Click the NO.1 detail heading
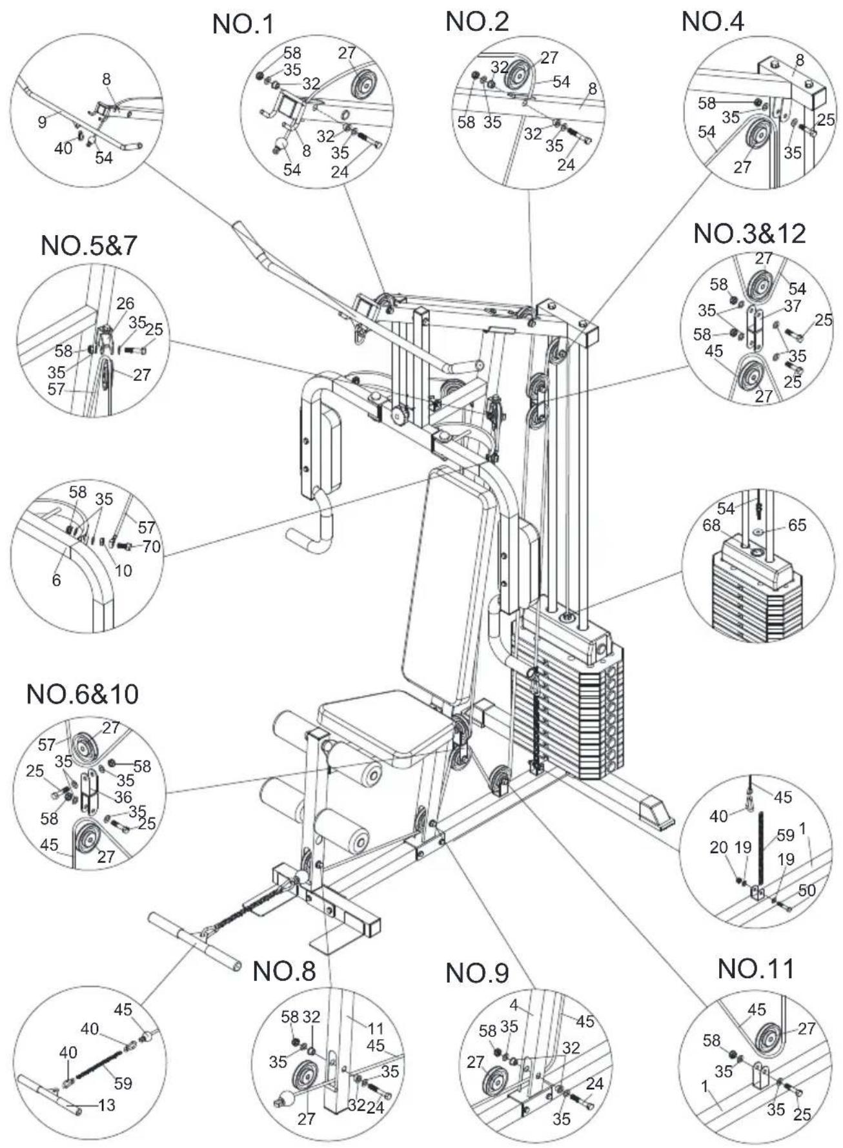pyautogui.click(x=243, y=25)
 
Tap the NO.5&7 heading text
pyautogui.click(x=89, y=246)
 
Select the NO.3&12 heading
pyautogui.click(x=749, y=233)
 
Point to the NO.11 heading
pyautogui.click(x=756, y=969)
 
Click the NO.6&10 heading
pyautogui.click(x=82, y=694)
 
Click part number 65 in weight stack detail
pyautogui.click(x=797, y=525)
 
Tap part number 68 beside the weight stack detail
pyautogui.click(x=711, y=526)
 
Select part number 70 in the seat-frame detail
pyautogui.click(x=151, y=547)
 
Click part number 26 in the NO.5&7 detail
pyautogui.click(x=125, y=303)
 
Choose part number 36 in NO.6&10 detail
pyautogui.click(x=123, y=798)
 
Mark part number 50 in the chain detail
pyautogui.click(x=807, y=890)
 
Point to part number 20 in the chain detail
pyautogui.click(x=718, y=846)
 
